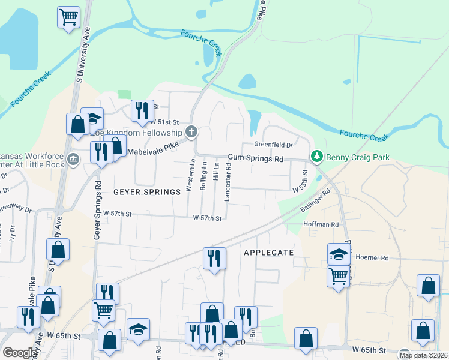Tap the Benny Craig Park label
(358, 158)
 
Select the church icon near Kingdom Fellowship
(191, 132)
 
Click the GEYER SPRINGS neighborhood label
(147, 192)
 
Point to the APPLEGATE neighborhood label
(268, 253)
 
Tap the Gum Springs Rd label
(255, 160)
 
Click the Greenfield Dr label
(273, 145)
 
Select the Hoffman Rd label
(321, 224)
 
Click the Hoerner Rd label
(372, 257)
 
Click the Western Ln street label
(190, 175)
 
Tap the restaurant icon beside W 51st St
(142, 110)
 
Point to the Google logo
(20, 353)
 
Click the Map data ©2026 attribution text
(423, 355)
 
